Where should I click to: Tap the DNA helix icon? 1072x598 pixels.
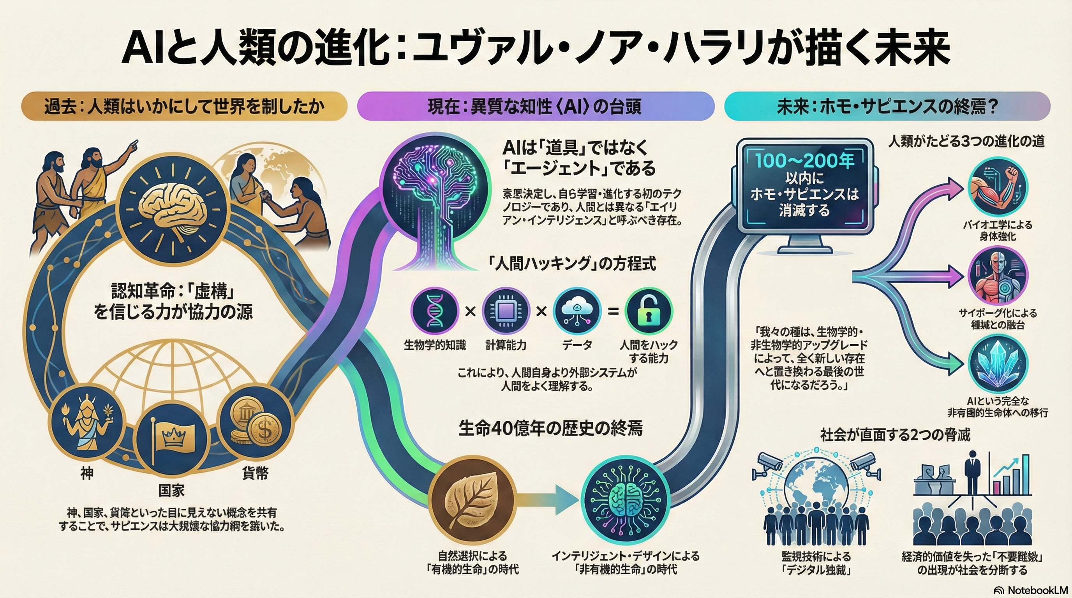tap(434, 311)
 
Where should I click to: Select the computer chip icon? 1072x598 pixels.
tap(506, 311)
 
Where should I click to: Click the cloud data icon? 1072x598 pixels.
tap(577, 311)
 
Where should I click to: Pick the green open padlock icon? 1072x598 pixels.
tap(648, 311)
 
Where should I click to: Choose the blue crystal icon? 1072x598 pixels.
tap(997, 365)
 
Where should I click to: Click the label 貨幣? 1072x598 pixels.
tap(255, 473)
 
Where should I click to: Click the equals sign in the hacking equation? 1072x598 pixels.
tap(613, 311)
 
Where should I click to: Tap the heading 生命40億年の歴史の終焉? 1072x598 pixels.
tap(550, 428)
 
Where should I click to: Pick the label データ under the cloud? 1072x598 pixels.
tap(577, 345)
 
